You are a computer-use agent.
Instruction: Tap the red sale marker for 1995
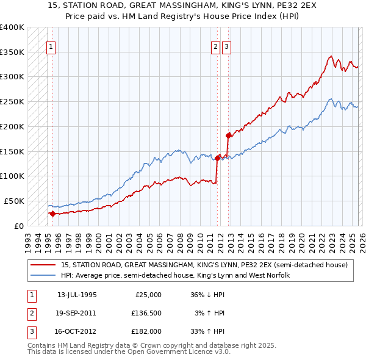[x=52, y=214]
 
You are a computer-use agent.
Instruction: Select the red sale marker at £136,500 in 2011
[x=217, y=157]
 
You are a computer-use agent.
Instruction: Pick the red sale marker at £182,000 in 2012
[x=228, y=135]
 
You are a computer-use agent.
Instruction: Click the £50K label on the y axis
[x=14, y=201]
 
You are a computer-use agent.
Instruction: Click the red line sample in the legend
[x=44, y=265]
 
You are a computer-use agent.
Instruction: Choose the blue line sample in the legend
[x=44, y=275]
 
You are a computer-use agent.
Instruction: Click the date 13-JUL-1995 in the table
[x=77, y=295]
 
